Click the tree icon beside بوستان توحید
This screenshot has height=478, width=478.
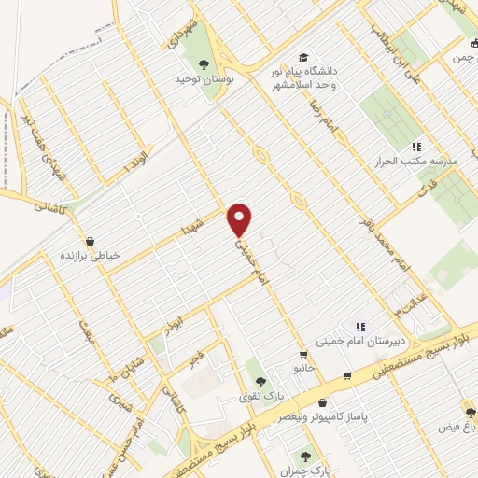pos(204,63)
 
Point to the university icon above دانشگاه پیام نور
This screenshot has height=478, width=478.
pos(302,56)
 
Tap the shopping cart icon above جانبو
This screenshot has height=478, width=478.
pos(303,355)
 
